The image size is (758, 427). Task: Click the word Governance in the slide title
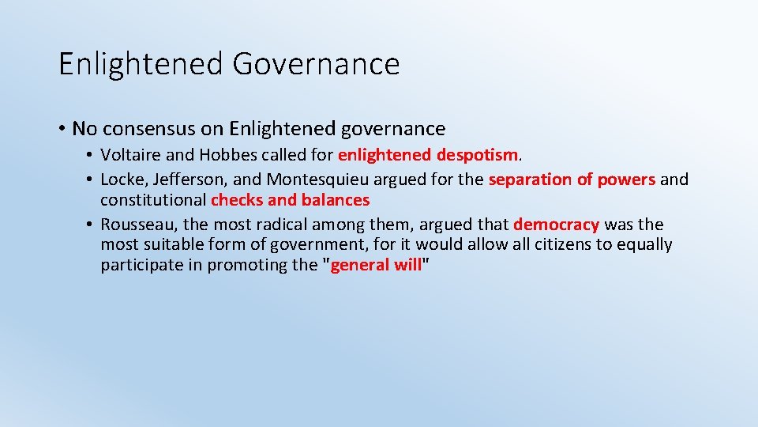click(x=316, y=64)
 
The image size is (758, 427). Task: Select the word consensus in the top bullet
click(x=142, y=128)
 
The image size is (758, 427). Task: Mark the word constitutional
click(x=153, y=200)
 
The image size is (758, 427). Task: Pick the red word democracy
click(x=556, y=225)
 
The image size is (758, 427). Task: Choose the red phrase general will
click(x=376, y=266)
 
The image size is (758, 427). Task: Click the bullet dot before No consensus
click(x=62, y=129)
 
